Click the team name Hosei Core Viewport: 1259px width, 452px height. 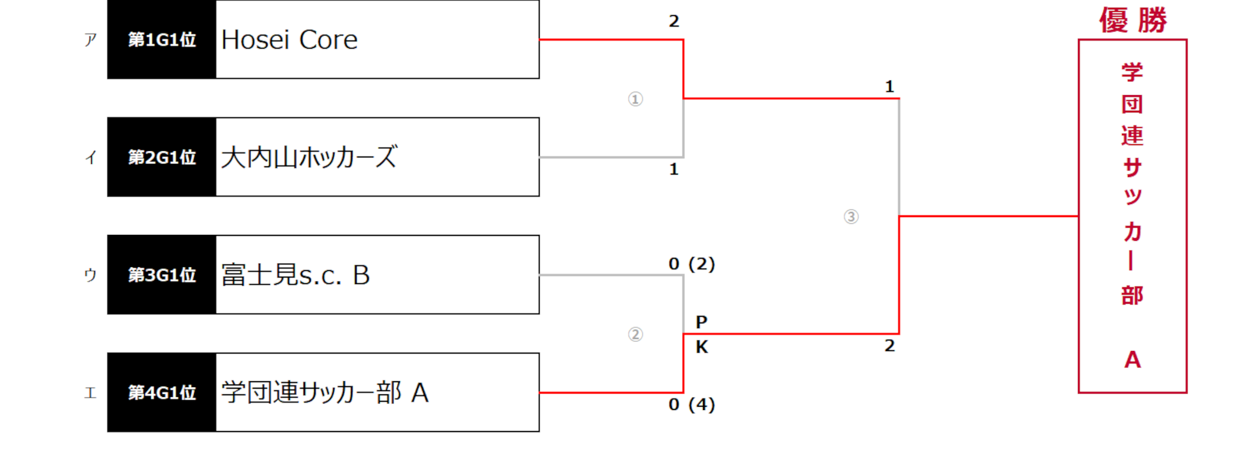[x=289, y=40]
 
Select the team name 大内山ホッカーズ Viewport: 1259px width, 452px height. [x=309, y=157]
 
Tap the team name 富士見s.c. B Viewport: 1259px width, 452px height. [x=296, y=275]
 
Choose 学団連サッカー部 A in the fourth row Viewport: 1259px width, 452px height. [x=325, y=392]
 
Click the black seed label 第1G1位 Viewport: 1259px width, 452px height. [x=162, y=39]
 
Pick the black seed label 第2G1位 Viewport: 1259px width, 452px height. [x=162, y=157]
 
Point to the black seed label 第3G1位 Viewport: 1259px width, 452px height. [x=162, y=274]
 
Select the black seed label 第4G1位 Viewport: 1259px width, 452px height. [x=162, y=392]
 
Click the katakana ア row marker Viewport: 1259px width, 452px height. [x=90, y=40]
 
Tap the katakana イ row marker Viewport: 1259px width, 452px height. [x=90, y=157]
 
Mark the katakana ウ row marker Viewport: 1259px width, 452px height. [x=90, y=275]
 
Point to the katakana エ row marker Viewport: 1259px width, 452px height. [x=90, y=393]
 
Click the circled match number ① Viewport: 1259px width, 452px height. [x=635, y=99]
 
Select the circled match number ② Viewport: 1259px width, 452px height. [x=635, y=335]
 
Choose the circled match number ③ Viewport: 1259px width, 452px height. [x=851, y=216]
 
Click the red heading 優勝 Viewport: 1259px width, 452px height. [x=1133, y=20]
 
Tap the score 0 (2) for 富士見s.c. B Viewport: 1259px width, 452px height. [x=692, y=264]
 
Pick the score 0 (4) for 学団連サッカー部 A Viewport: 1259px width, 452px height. [x=692, y=404]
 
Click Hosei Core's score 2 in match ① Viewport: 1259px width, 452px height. [x=674, y=21]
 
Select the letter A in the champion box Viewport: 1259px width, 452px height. [x=1132, y=360]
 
